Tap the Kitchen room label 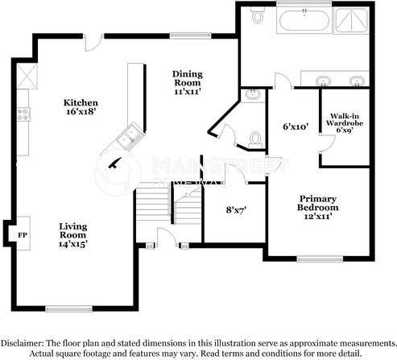[x=81, y=108]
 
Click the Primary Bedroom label [x=317, y=203]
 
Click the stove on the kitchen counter [x=23, y=114]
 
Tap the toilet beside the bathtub [x=258, y=14]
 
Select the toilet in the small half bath [x=254, y=139]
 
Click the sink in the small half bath [x=252, y=96]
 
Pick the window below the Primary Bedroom [x=314, y=259]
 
